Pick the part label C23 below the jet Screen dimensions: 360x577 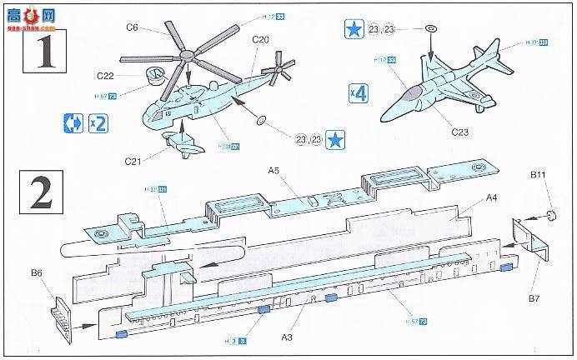point(459,131)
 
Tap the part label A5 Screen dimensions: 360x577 point(273,171)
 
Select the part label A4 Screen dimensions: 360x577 point(494,197)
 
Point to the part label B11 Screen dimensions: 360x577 point(539,176)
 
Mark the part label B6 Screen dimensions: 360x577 point(37,272)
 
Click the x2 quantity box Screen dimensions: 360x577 point(98,123)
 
